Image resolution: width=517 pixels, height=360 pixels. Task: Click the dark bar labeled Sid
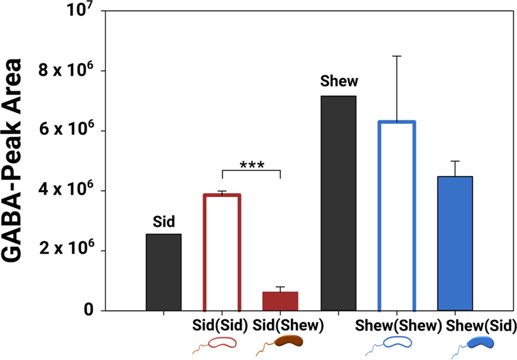164,272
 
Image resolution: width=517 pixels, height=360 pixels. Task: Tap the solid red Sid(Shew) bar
280,301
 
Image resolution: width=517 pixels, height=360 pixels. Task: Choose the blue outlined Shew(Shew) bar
397,216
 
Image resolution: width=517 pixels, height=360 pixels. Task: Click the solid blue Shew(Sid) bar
455,243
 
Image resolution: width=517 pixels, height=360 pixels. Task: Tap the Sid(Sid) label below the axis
221,326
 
